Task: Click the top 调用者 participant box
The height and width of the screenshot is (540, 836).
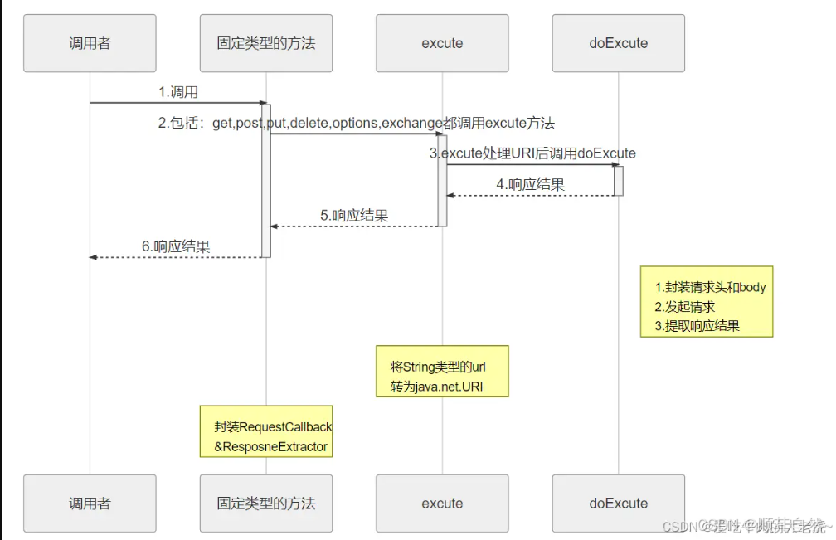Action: pos(90,42)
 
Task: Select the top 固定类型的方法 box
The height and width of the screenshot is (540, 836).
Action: pos(266,42)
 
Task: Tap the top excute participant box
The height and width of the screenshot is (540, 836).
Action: pos(442,42)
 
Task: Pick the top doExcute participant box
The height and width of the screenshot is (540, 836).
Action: pos(619,42)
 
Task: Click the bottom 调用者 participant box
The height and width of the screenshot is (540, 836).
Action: pos(90,503)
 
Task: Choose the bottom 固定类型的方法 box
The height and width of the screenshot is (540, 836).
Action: pos(266,503)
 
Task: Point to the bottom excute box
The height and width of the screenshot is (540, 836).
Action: pos(442,503)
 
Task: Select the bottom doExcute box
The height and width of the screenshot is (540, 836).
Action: pos(619,503)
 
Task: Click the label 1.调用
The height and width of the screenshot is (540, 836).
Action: pos(178,92)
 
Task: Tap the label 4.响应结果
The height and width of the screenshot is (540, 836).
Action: pos(531,184)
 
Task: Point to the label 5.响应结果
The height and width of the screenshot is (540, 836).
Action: pos(354,215)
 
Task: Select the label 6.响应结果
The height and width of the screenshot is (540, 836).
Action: pos(176,246)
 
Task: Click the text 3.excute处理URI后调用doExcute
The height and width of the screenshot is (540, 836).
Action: pos(532,153)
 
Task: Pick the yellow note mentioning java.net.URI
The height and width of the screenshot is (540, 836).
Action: pos(442,372)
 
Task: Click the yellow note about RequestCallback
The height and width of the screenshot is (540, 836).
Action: pos(266,431)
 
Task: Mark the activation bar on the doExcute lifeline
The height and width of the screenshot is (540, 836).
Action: pos(618,180)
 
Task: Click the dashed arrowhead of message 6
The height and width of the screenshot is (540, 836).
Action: pos(94,257)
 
